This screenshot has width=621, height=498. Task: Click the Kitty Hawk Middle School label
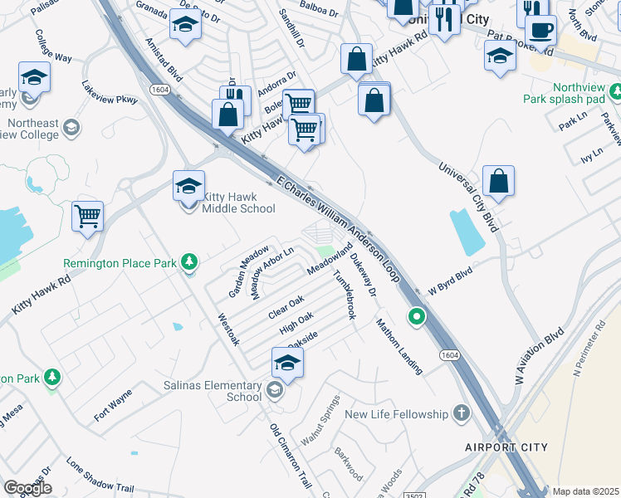click(238, 203)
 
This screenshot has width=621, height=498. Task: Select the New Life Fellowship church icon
click(462, 413)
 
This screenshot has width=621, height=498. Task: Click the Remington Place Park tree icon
click(190, 263)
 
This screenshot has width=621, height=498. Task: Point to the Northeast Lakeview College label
click(33, 129)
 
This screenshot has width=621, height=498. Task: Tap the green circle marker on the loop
click(416, 316)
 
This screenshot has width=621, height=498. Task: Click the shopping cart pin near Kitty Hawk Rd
click(87, 216)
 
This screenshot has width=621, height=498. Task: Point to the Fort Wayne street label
click(113, 406)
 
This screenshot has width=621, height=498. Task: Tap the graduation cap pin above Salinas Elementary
click(287, 363)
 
